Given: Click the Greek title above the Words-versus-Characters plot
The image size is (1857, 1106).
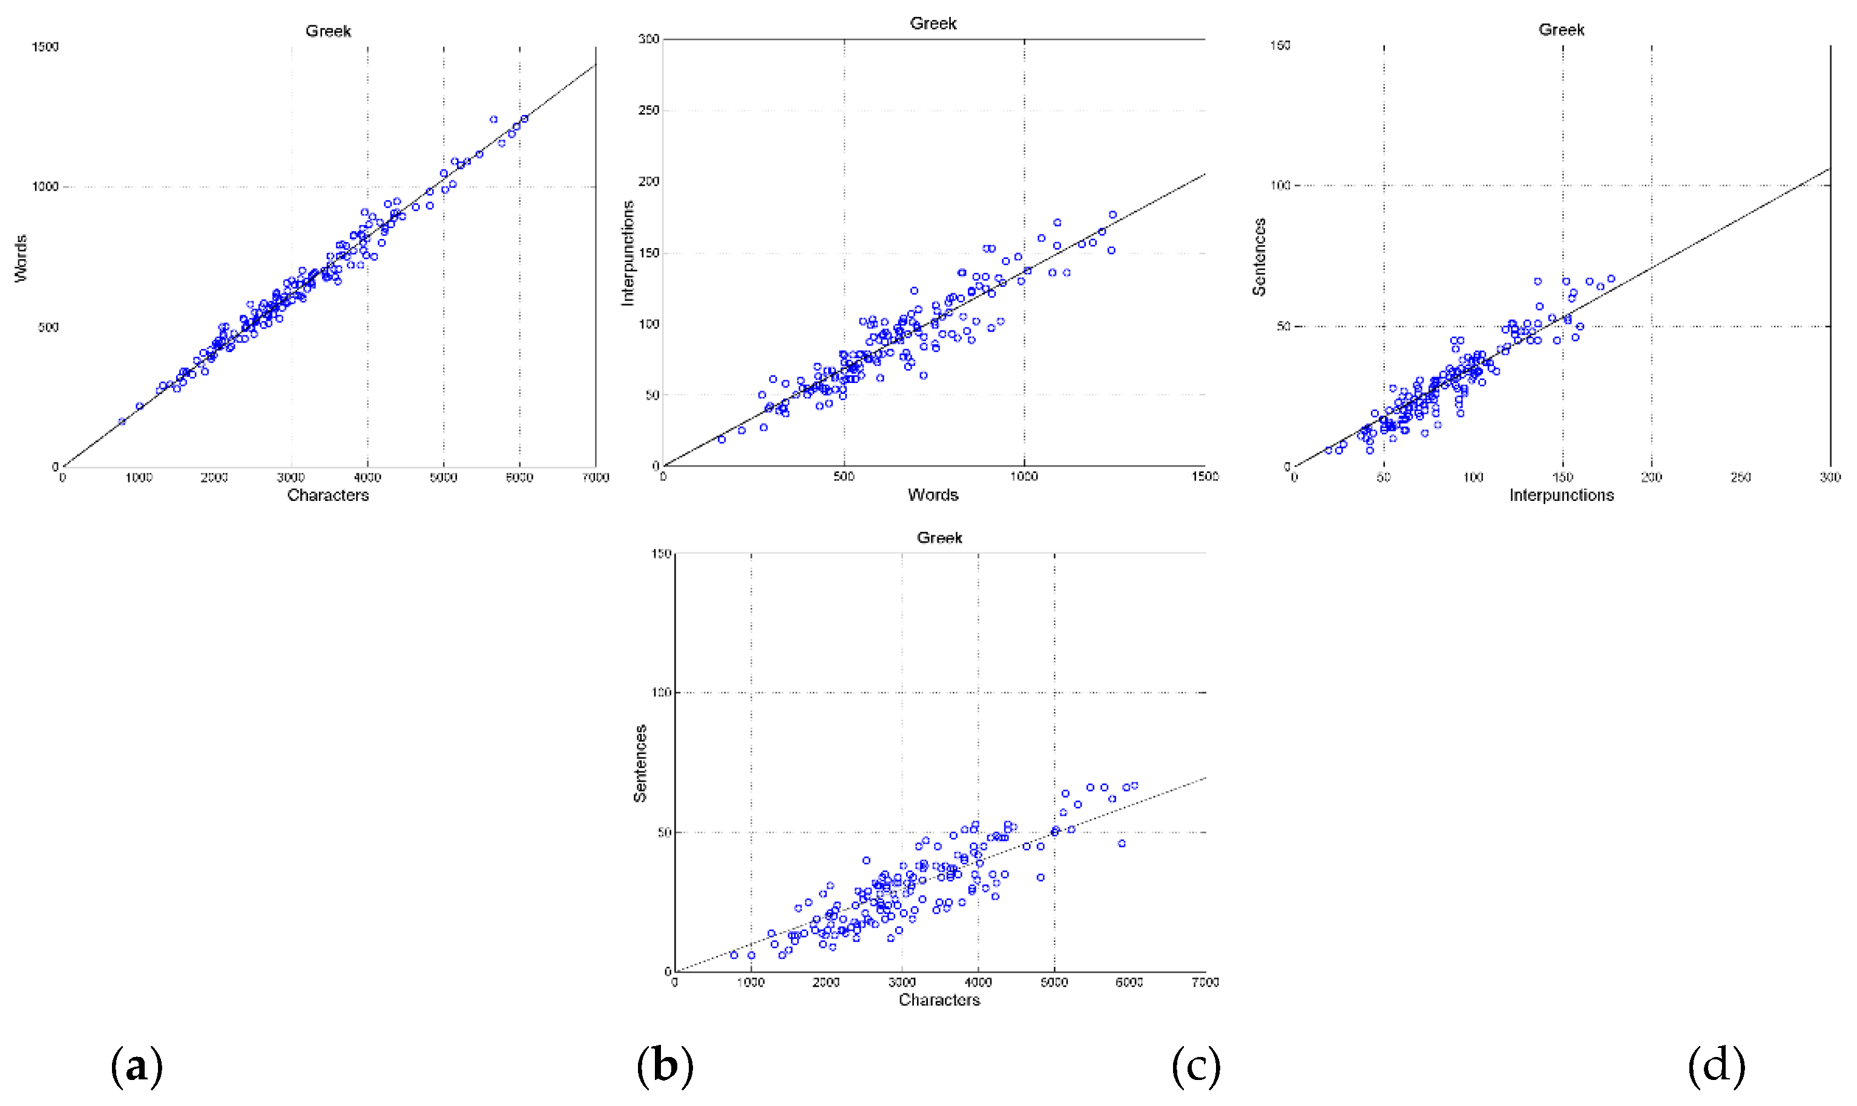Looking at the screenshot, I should (x=328, y=31).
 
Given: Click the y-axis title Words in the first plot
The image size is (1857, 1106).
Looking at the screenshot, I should (x=21, y=258).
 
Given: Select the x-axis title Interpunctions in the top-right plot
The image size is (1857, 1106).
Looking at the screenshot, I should (x=1561, y=495).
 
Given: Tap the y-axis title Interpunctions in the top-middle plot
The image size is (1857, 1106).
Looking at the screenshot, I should (x=628, y=253).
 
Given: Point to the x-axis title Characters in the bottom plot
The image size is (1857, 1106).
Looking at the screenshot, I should (x=939, y=1000).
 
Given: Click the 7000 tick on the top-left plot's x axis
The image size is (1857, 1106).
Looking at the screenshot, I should (x=595, y=477).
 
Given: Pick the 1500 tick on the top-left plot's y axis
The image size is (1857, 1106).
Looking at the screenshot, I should (x=45, y=46).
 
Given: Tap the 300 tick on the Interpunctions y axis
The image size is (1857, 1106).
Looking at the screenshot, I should (x=649, y=39).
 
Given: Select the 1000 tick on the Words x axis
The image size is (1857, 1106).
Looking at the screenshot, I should (x=1024, y=476).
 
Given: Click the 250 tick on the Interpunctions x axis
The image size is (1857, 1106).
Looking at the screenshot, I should (x=1741, y=477).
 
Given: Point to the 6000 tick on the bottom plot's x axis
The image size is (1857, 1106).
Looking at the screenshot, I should (x=1129, y=983).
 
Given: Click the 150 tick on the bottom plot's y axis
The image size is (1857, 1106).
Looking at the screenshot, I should (x=661, y=554).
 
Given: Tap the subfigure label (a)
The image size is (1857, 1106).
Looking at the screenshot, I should (x=136, y=1065).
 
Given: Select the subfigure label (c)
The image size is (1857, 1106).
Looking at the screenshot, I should (x=1196, y=1065).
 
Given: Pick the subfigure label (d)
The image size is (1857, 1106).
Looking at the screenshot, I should (x=1716, y=1065).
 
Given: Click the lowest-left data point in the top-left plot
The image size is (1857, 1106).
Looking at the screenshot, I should (x=122, y=422).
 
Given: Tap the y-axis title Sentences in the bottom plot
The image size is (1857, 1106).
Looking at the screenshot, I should (x=640, y=763).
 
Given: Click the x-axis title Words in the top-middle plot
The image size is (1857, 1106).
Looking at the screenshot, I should (x=933, y=495).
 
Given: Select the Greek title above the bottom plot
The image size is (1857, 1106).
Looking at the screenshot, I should (x=939, y=537).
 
